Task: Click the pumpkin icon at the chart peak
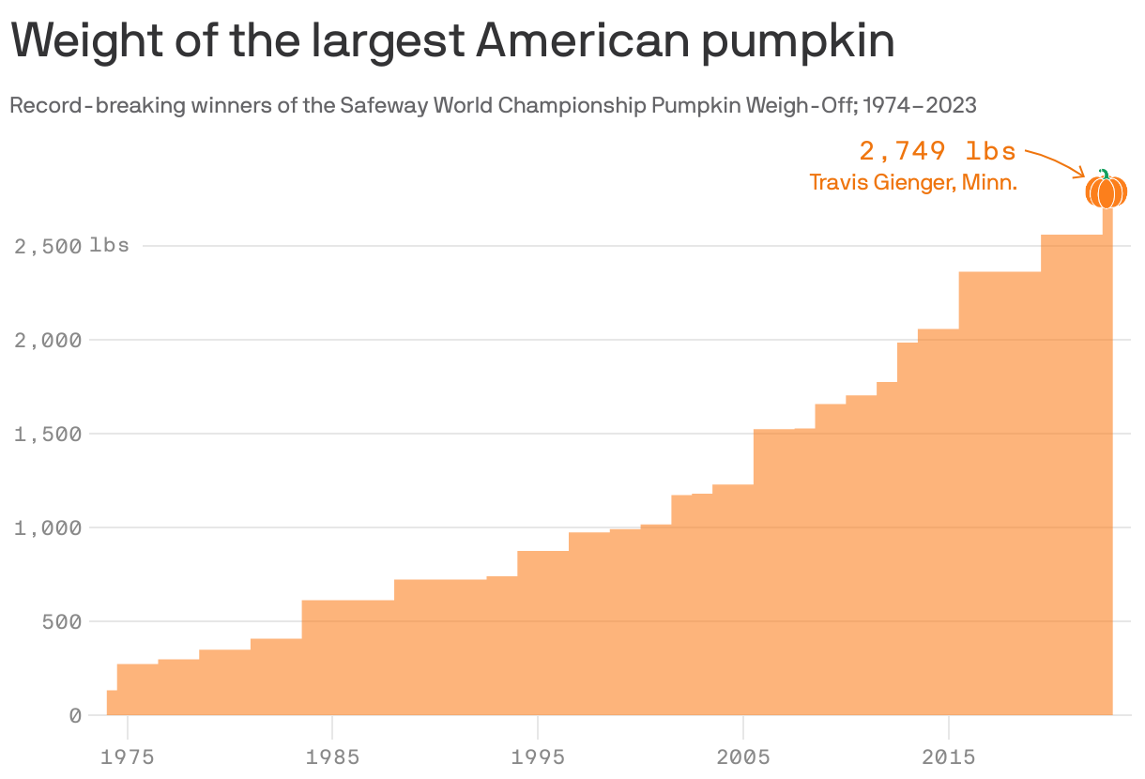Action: (x=1106, y=191)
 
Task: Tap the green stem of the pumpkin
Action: (x=1105, y=173)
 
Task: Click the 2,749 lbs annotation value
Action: (x=938, y=151)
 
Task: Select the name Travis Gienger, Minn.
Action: (x=913, y=182)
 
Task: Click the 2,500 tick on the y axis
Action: (x=48, y=246)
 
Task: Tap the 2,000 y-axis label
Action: (x=48, y=340)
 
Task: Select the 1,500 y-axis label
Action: (x=48, y=434)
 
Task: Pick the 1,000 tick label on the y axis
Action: (x=48, y=527)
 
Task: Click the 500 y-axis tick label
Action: (x=63, y=621)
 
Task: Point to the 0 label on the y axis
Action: (x=75, y=715)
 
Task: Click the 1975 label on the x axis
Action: (x=127, y=756)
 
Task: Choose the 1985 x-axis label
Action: (x=332, y=756)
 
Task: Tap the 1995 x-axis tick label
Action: (x=538, y=756)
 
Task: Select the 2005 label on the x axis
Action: (x=743, y=756)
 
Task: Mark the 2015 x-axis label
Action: (x=949, y=756)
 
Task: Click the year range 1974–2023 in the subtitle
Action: (x=919, y=105)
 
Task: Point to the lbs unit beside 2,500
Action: (x=110, y=246)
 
